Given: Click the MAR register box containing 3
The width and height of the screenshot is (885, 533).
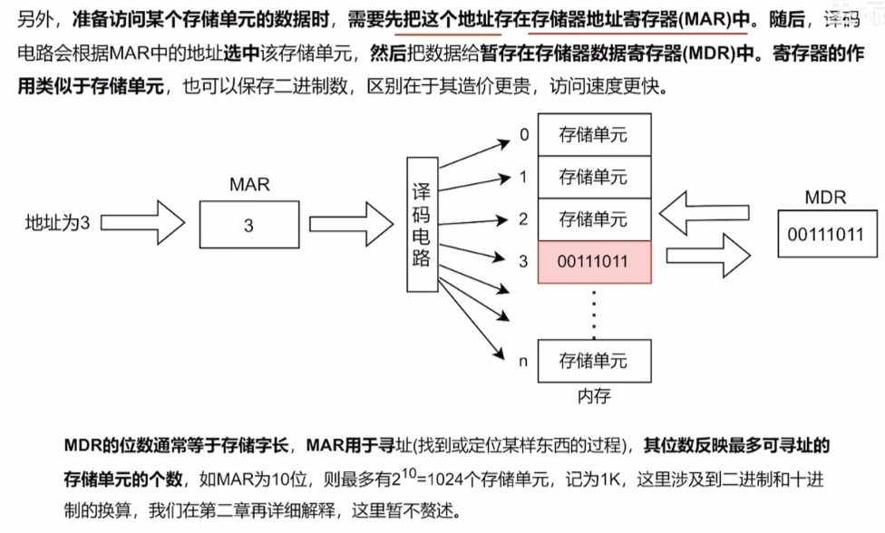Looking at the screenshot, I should [248, 226].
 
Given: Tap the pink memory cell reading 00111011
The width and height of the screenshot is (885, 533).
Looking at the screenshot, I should [594, 261].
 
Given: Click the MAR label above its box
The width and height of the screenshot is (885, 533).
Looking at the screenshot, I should [248, 185].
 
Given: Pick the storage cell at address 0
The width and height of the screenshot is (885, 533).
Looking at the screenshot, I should [594, 136].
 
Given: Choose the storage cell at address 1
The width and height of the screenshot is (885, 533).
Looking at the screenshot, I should [594, 177].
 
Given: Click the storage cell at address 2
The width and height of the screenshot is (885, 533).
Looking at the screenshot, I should [594, 218].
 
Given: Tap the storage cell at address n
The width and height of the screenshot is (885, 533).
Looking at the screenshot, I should [594, 361].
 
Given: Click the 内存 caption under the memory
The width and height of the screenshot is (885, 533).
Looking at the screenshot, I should [594, 396].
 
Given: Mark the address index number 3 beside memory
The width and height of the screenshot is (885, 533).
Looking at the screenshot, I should [523, 262].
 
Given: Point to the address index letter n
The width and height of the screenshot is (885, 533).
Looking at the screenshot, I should [523, 362].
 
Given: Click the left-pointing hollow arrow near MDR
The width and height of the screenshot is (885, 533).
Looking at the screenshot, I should [698, 211].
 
